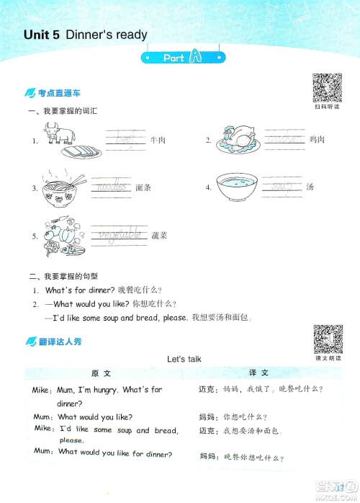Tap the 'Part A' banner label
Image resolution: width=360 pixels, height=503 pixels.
pyautogui.click(x=180, y=58)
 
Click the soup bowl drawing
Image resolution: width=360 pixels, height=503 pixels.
pyautogui.click(x=238, y=187)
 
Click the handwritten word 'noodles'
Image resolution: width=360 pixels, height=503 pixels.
pyautogui.click(x=111, y=187)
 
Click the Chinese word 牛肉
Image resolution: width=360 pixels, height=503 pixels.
pyautogui.click(x=158, y=140)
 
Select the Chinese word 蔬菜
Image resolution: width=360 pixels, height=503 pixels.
pyautogui.click(x=160, y=236)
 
